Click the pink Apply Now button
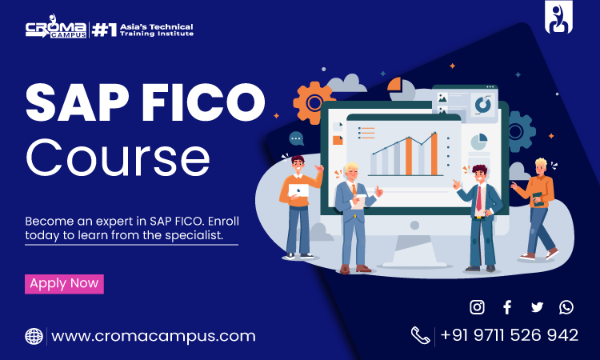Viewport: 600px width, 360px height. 64,284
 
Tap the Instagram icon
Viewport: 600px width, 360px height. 477,307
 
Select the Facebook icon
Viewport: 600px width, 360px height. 507,307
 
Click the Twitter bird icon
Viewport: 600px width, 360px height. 537,307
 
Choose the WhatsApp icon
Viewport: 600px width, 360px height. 566,307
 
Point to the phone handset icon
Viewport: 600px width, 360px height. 421,335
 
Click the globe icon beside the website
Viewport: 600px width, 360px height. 34,336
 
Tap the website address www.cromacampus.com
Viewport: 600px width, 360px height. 153,336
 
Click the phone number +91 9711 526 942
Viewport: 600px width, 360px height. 510,335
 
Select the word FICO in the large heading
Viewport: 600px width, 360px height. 203,102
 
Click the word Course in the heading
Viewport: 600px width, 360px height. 118,158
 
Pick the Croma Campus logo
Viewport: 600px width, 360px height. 56,26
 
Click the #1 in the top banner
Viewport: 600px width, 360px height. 104,30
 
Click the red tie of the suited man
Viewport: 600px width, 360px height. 478,198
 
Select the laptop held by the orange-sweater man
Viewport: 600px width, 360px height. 298,190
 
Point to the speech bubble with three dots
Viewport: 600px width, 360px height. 296,138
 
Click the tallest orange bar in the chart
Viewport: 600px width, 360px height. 434,154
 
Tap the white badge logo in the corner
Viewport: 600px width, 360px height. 558,18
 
